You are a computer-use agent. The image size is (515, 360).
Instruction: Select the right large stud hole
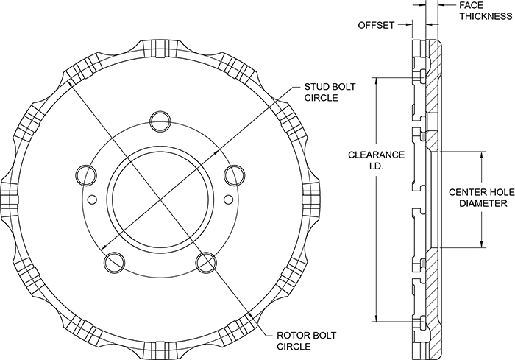(x=233, y=174)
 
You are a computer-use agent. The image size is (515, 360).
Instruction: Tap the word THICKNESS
(x=479, y=15)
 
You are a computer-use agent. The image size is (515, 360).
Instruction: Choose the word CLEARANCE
(x=376, y=155)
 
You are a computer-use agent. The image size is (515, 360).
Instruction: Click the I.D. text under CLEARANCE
(x=376, y=166)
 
